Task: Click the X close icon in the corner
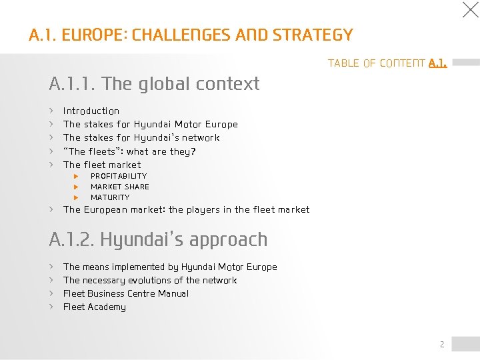point(471,9)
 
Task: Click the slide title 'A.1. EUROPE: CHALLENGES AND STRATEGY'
point(191,35)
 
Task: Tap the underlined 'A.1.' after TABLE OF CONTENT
point(438,63)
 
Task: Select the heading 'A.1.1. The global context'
point(154,84)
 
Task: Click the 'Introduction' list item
point(91,111)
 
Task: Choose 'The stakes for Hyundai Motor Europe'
point(150,124)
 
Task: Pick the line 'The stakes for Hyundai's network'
point(141,137)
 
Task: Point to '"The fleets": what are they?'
point(129,151)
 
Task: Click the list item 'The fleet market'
point(102,165)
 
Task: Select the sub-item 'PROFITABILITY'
point(119,176)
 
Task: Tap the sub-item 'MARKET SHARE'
point(120,187)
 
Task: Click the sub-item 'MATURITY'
point(110,197)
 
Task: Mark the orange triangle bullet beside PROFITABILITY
point(76,176)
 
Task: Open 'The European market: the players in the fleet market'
point(186,209)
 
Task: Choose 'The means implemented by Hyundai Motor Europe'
point(170,267)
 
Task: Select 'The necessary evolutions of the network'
point(150,280)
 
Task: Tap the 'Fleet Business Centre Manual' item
point(126,293)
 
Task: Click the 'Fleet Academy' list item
point(95,307)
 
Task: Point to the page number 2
point(441,344)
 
